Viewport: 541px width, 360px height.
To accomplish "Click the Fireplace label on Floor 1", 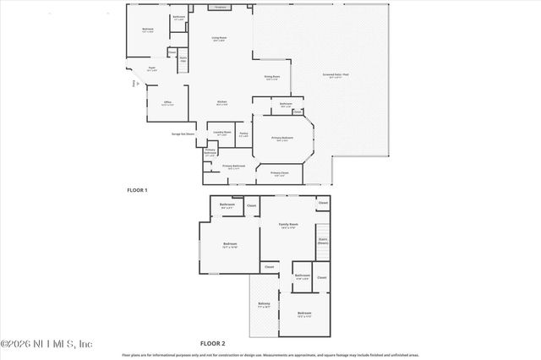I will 221,7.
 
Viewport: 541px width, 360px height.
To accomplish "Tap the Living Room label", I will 218,39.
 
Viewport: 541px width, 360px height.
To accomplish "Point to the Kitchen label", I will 221,103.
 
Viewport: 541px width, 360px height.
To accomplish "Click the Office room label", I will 168,103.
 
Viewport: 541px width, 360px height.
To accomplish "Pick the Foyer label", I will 152,68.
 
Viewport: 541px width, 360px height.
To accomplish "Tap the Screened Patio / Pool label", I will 337,76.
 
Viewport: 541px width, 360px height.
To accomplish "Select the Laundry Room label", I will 221,133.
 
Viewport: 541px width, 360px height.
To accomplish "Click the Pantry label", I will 243,134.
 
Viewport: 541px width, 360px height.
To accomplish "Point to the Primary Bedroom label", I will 282,138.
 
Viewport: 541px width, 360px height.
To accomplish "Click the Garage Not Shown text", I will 183,134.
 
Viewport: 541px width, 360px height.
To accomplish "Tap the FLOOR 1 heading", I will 136,190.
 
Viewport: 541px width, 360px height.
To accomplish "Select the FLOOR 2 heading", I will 212,344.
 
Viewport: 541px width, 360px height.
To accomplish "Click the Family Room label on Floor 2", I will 289,226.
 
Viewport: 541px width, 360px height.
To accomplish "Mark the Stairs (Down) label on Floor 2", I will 322,240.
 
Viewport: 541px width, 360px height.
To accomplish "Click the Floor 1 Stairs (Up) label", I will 183,57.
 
